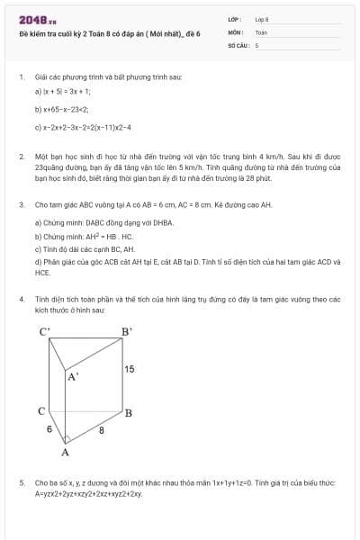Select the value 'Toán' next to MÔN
click(261, 31)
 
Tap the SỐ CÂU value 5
click(257, 44)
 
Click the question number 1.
click(21, 77)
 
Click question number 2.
click(21, 157)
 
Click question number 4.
click(21, 298)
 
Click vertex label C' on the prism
click(45, 331)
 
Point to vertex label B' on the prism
click(127, 331)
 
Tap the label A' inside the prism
click(73, 377)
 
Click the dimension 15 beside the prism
click(130, 369)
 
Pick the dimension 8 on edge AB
click(101, 431)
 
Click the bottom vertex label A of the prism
click(65, 452)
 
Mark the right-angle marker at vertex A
click(66, 439)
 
